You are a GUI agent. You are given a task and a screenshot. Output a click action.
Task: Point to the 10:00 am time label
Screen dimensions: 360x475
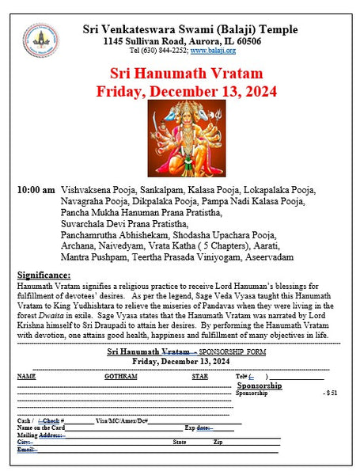tap(36, 191)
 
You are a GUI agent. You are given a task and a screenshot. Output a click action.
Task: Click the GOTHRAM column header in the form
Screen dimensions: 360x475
tap(120, 376)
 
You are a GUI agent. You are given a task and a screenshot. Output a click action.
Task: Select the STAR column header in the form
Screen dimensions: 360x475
tap(199, 376)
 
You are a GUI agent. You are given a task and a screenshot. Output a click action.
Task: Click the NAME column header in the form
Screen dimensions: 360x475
tap(27, 376)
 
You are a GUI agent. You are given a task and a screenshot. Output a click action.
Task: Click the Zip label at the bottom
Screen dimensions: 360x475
tap(218, 443)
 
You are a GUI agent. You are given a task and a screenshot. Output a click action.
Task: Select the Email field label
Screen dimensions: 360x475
tap(25, 450)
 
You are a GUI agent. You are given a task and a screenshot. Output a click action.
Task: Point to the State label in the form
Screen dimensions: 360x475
tap(180, 443)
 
